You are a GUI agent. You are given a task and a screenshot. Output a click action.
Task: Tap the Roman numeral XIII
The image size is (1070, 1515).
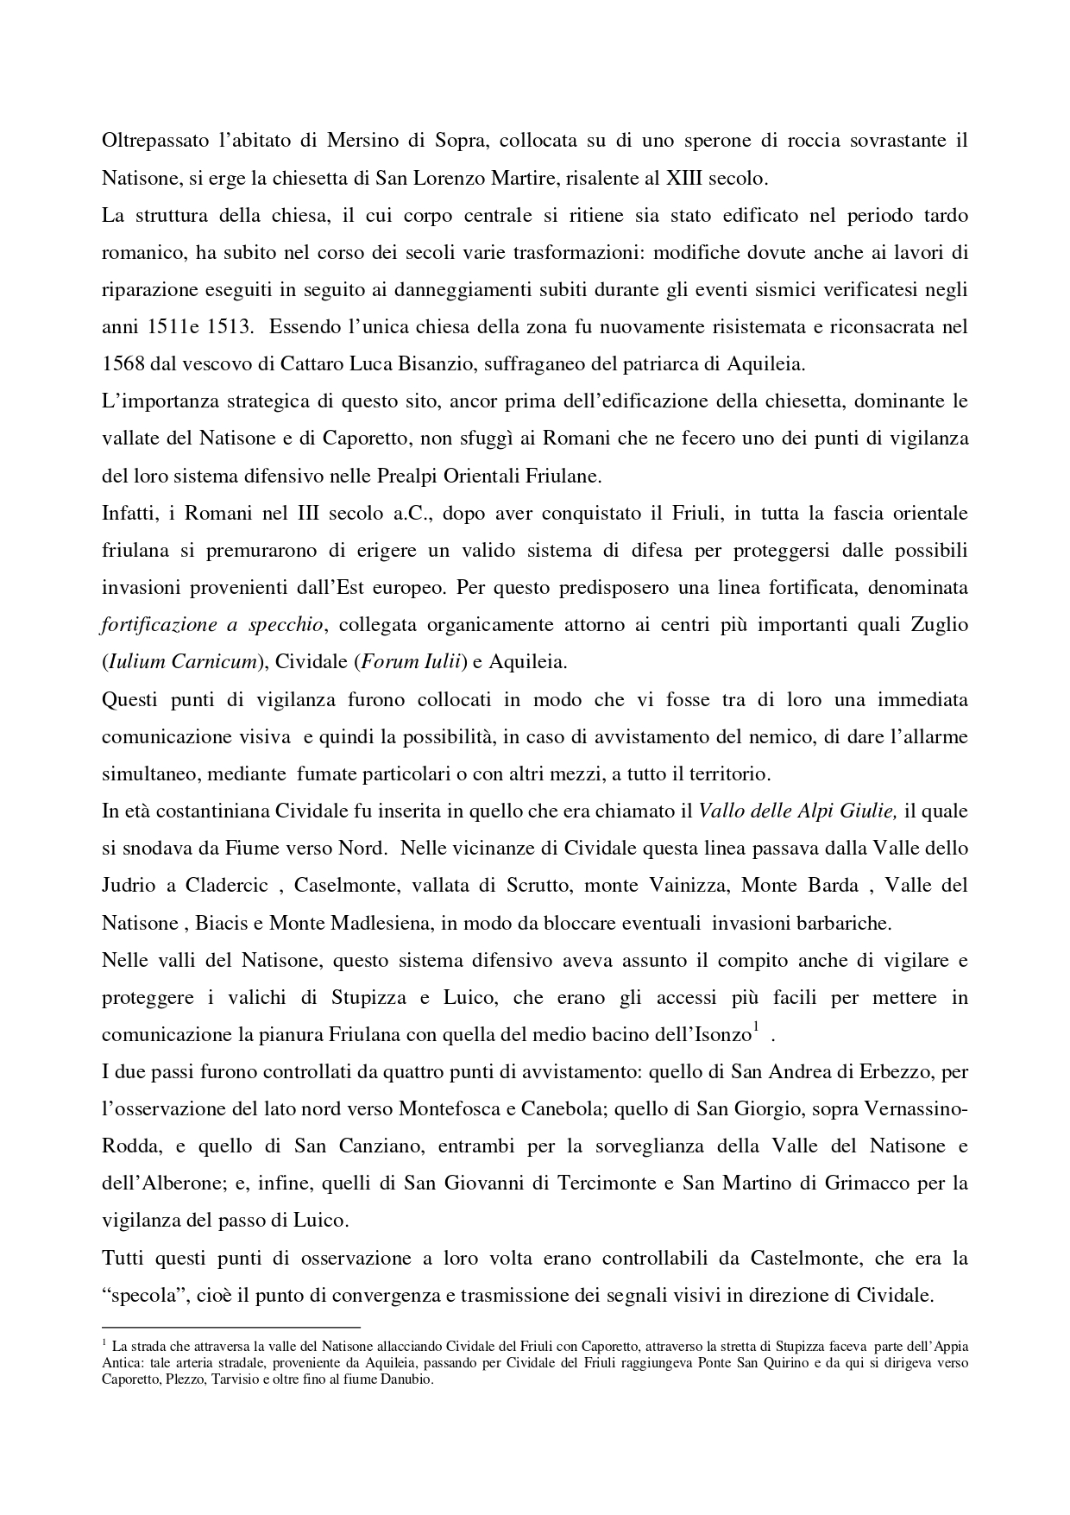[686, 178]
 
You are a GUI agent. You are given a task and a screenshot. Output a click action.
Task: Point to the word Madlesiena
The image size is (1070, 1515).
[382, 923]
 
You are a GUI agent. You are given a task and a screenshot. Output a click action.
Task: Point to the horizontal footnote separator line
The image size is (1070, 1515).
[230, 1327]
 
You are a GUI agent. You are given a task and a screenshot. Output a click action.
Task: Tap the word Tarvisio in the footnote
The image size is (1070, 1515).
[239, 1379]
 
